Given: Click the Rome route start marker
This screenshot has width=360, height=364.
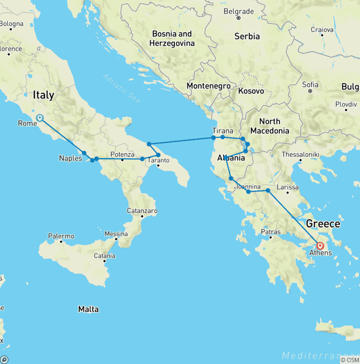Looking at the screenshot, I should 40,118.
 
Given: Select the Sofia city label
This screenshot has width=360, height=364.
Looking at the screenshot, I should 310,85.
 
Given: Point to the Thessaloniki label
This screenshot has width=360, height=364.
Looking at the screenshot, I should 300,154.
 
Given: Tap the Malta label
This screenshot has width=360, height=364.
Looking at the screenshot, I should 89,309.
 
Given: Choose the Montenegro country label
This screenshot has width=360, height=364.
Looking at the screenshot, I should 208,86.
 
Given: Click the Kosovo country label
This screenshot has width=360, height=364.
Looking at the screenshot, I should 251,91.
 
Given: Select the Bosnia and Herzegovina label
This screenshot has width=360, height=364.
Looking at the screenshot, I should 171,38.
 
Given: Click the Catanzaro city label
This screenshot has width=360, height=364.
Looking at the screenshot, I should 142,211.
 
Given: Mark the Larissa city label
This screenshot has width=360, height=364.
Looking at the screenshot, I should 287,187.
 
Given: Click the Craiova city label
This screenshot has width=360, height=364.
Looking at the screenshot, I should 322,30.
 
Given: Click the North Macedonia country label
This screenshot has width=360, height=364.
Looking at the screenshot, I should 270,126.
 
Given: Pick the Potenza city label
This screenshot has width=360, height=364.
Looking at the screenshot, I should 122,154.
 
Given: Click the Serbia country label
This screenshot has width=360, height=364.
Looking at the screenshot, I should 247,36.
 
